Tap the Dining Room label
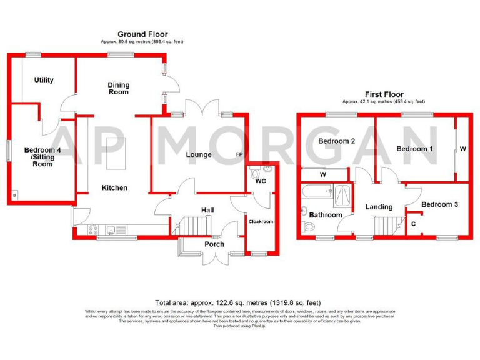point(117,87)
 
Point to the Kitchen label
point(114,187)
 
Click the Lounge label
point(199,154)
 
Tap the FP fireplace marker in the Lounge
point(239,155)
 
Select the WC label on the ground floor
point(261,181)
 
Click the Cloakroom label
point(261,221)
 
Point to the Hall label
point(207,211)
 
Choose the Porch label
point(214,244)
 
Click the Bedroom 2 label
point(337,141)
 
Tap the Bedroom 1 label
point(415,149)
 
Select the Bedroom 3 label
point(439,204)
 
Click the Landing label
point(379,207)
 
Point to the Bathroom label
point(326,215)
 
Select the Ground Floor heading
point(142,34)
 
